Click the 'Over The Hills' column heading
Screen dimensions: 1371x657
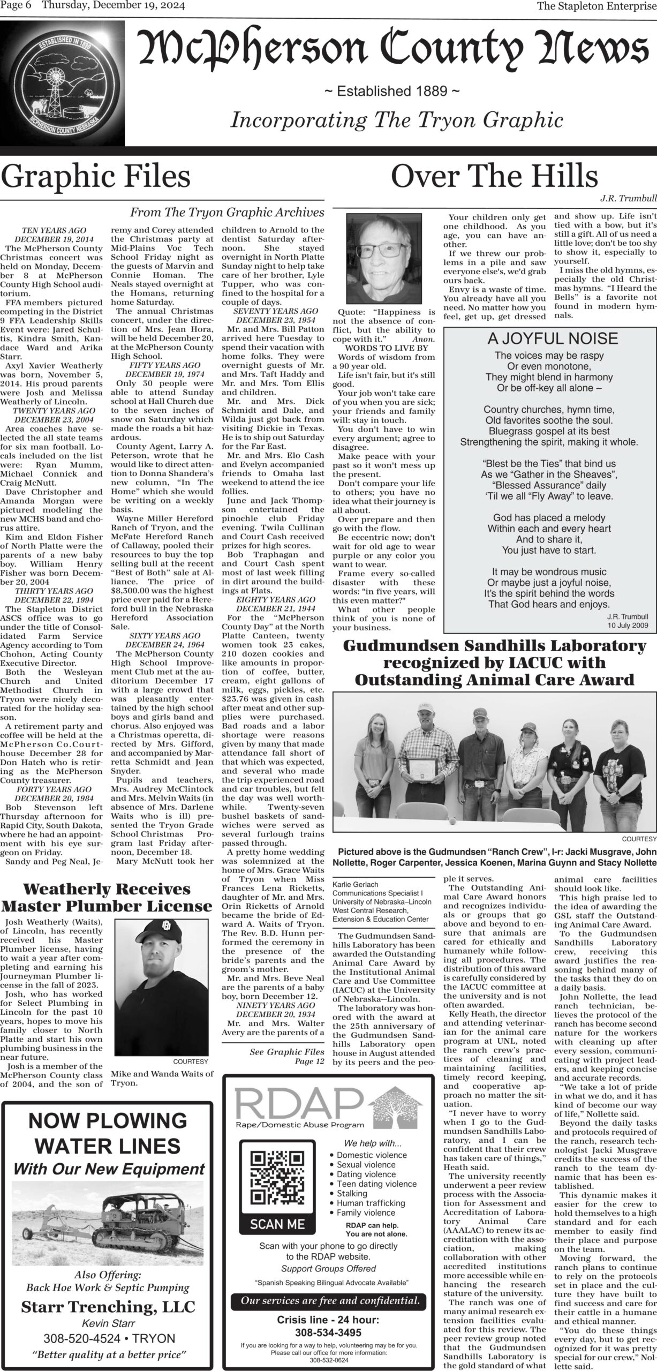[494, 176]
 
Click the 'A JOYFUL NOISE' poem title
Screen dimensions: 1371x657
[553, 338]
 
